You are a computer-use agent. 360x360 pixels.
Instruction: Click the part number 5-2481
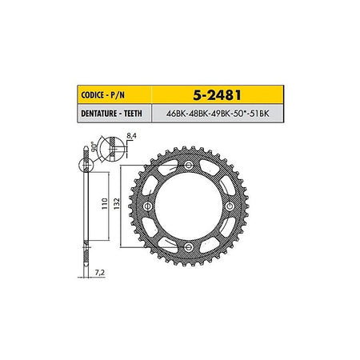point(217,95)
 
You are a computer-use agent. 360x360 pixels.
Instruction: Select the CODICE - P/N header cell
point(114,94)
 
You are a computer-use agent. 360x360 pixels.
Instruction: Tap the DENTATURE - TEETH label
point(111,114)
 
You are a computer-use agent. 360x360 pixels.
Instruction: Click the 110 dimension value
point(105,203)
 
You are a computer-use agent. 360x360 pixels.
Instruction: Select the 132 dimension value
point(117,203)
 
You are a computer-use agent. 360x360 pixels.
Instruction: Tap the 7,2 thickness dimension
point(100,273)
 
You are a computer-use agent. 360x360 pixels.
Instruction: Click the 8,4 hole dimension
point(131,135)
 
